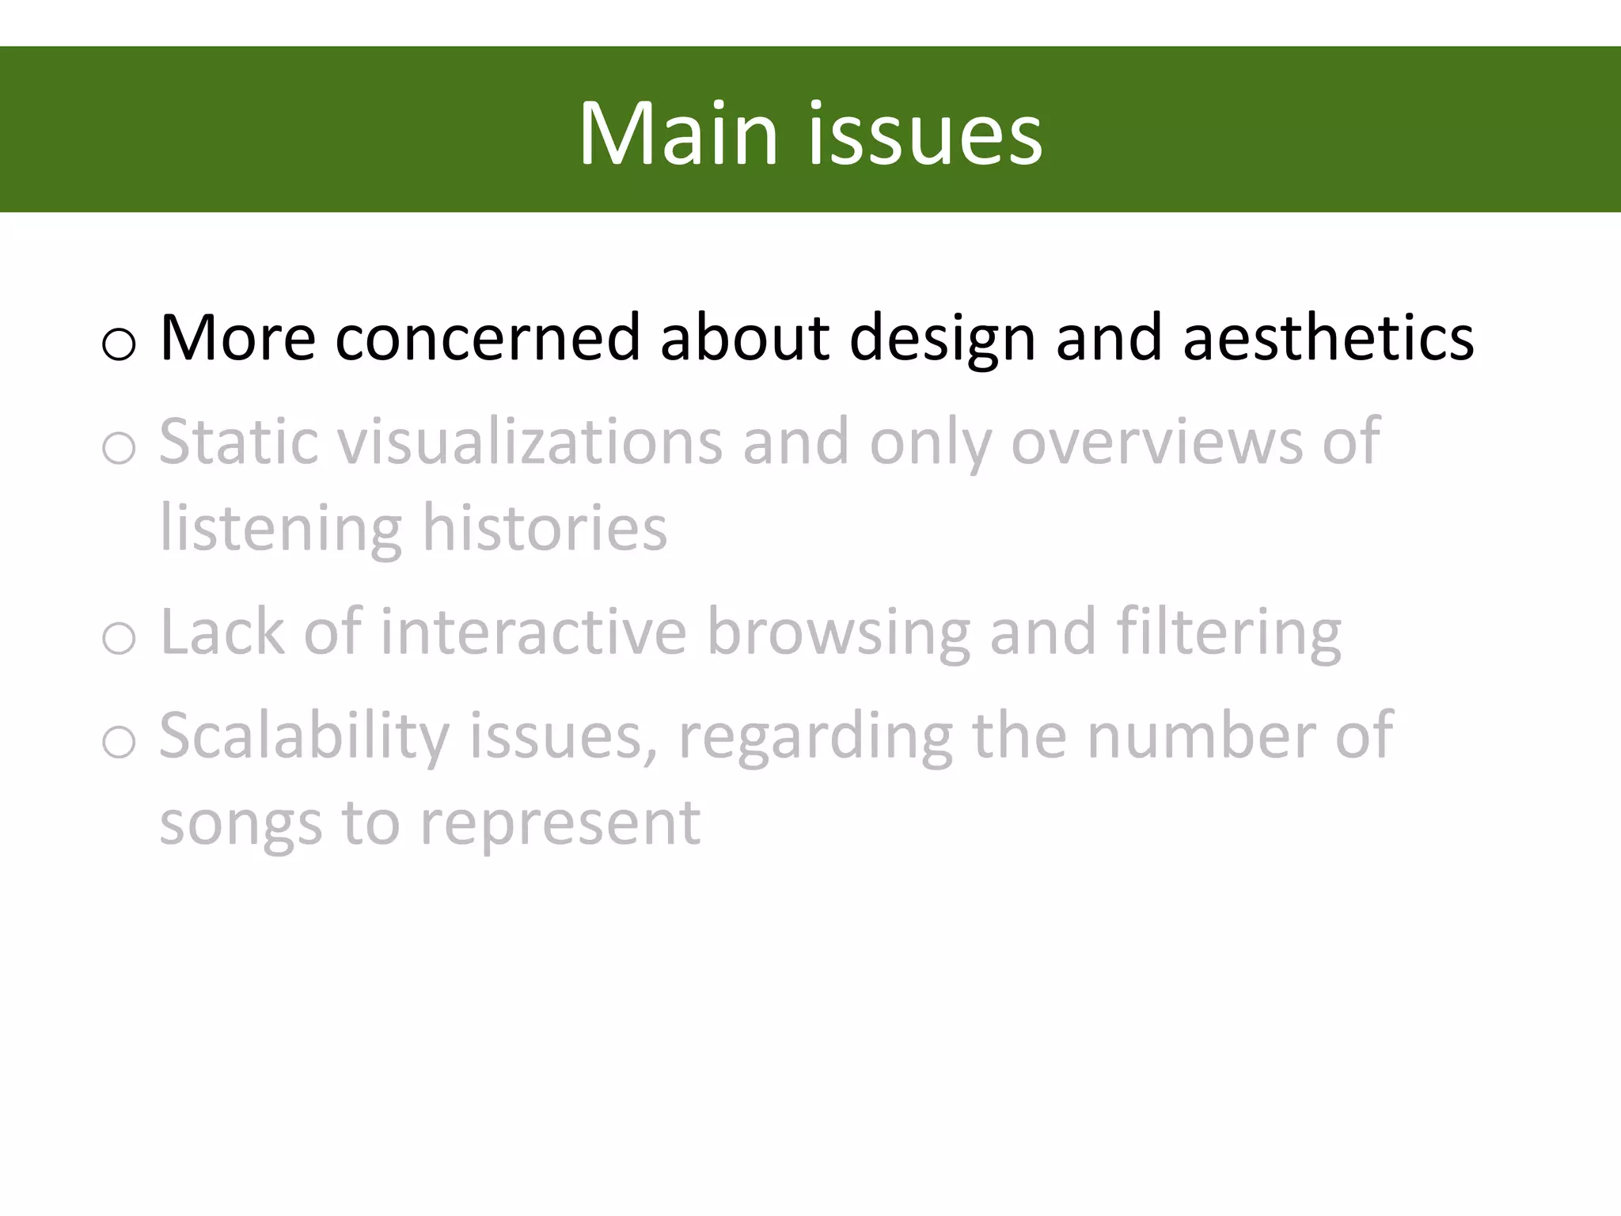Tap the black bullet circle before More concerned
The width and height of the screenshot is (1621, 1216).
(119, 344)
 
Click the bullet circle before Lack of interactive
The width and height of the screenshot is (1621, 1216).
(119, 638)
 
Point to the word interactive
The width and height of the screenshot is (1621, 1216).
(533, 632)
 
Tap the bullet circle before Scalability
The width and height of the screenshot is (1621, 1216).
(119, 742)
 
